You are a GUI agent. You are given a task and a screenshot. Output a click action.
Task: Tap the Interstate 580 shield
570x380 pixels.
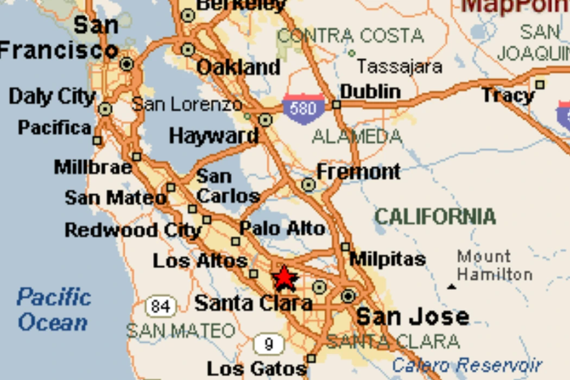click(x=303, y=109)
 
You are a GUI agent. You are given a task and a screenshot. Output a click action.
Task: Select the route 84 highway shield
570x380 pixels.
click(x=161, y=307)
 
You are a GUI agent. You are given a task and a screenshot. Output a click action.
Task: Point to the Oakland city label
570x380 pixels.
click(x=238, y=68)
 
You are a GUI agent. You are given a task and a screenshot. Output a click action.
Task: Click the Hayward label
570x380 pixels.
click(x=213, y=136)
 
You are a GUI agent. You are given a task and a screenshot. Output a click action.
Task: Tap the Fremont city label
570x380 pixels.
click(x=358, y=172)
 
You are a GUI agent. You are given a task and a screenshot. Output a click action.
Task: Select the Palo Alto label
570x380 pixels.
click(x=282, y=229)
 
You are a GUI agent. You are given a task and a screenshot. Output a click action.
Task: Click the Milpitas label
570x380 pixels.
click(x=387, y=259)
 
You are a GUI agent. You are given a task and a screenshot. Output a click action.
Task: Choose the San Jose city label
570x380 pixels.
click(x=413, y=316)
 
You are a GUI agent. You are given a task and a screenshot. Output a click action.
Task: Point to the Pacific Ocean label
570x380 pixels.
click(x=53, y=310)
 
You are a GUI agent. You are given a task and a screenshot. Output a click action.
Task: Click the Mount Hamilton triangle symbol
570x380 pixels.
click(x=452, y=287)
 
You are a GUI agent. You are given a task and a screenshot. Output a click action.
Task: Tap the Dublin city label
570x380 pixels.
click(x=370, y=91)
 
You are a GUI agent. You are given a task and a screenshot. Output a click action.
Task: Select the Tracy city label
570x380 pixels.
click(x=508, y=96)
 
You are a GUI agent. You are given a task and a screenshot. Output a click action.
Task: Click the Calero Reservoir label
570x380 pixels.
click(x=467, y=364)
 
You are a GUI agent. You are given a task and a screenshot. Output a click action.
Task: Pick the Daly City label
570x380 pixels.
click(x=52, y=97)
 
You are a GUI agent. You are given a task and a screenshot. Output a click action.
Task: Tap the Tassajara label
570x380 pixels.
click(x=399, y=67)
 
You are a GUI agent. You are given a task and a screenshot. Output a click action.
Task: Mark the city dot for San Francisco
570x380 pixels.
click(x=127, y=64)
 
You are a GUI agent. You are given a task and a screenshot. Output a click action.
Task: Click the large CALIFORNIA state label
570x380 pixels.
click(x=435, y=217)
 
